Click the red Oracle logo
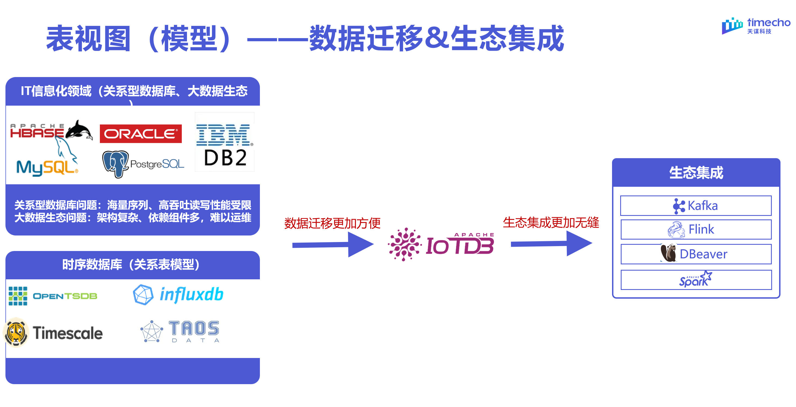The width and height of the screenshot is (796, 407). click(141, 134)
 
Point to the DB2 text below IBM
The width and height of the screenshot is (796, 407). click(225, 158)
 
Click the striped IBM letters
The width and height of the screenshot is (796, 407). click(223, 135)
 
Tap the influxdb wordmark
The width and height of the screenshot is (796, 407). click(191, 294)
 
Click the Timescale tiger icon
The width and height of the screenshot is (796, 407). click(16, 333)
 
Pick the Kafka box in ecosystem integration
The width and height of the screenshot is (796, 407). click(696, 206)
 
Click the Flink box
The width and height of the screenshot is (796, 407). click(696, 229)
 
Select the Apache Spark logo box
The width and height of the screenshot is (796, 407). click(696, 280)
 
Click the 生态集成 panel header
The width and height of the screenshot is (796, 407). click(696, 172)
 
